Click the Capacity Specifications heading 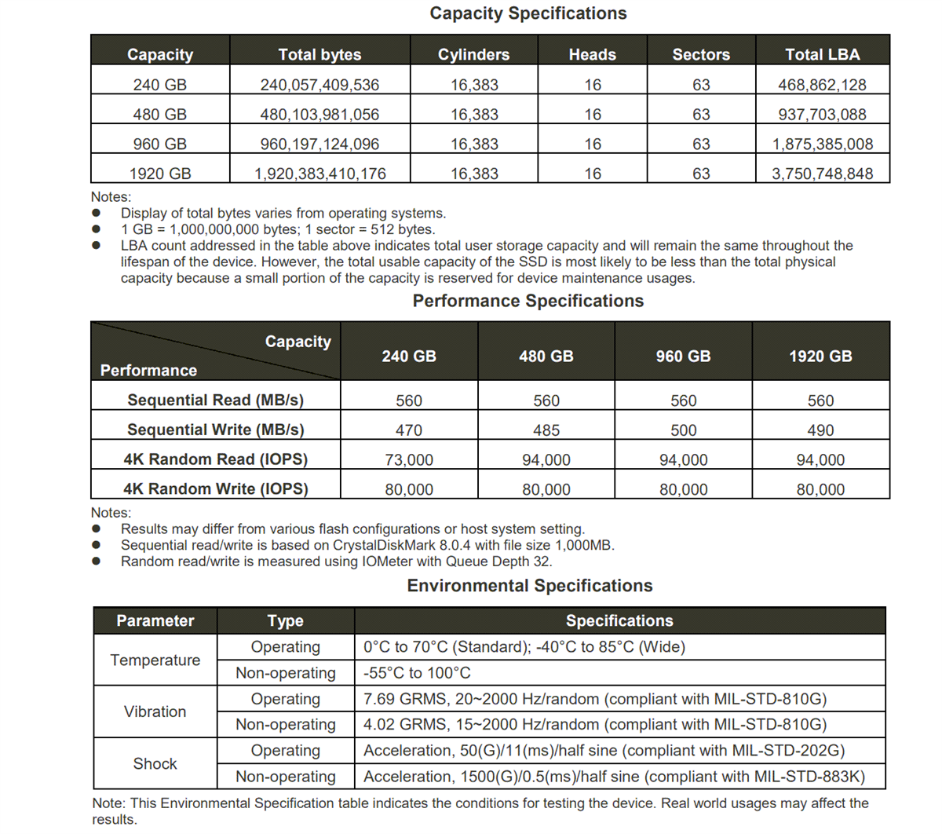[528, 13]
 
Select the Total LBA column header [822, 54]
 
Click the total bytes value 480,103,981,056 [319, 115]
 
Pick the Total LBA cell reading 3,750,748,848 [822, 174]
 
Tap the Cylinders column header [473, 54]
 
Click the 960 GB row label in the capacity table [160, 144]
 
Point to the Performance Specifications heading [528, 301]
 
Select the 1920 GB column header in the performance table [820, 357]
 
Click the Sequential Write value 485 [546, 430]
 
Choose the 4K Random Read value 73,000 [409, 460]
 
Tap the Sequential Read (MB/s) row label [215, 401]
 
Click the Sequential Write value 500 [683, 430]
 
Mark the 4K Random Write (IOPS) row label [215, 489]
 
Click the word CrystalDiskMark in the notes [384, 545]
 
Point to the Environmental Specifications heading [529, 586]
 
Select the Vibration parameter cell [155, 711]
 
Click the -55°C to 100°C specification [417, 673]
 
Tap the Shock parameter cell [155, 763]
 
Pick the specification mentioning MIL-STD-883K [614, 777]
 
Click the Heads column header [593, 54]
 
